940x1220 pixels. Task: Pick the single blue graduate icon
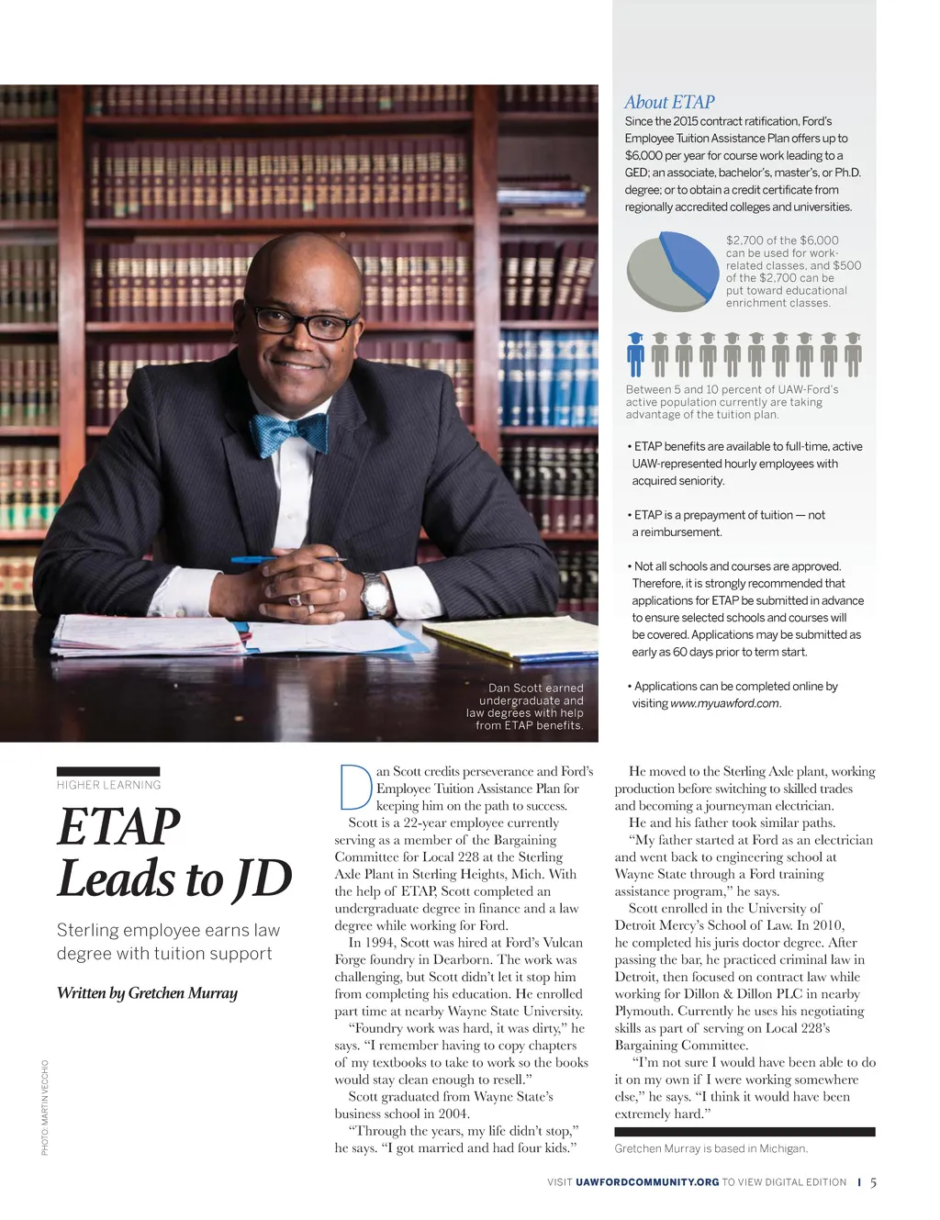(x=635, y=355)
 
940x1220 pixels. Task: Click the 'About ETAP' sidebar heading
(x=669, y=102)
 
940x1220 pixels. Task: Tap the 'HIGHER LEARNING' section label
(x=108, y=785)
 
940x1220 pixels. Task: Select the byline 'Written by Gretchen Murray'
(x=147, y=992)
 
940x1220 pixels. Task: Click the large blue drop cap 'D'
(x=353, y=789)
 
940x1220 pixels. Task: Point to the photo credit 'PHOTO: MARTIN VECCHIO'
(x=44, y=1107)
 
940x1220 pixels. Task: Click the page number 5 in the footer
(x=873, y=1182)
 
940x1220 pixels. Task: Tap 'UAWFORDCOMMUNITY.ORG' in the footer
(x=647, y=1182)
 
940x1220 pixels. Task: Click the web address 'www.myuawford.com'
(x=724, y=703)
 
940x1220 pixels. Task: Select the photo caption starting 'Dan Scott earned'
(x=526, y=706)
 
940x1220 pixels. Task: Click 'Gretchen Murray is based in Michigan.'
(x=711, y=1148)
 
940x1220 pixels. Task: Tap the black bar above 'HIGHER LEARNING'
(x=108, y=771)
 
